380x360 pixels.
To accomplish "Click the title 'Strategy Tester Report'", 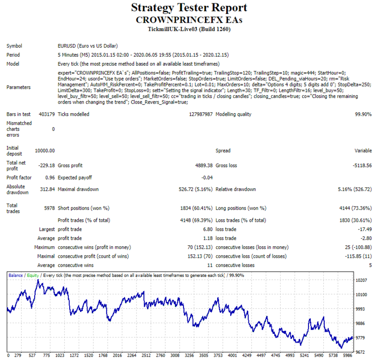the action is pos(189,8).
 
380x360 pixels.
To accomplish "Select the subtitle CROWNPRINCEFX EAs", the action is pos(189,20).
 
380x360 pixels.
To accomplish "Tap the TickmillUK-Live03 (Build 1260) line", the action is pos(189,29).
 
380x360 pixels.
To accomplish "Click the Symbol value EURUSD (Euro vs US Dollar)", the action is pos(88,46).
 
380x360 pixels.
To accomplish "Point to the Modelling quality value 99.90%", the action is pos(363,114).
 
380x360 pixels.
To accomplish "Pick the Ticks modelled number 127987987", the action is pos(201,114).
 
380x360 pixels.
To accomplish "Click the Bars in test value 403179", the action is pos(47,114).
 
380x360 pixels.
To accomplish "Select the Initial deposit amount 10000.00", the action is pos(45,151).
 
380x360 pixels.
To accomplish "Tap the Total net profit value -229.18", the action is pos(47,166).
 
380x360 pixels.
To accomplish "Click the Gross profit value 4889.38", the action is pos(204,166).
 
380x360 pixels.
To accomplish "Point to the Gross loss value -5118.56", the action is pos(362,166).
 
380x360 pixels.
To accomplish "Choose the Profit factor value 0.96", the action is pos(50,178).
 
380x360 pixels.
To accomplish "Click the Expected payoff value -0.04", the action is pos(207,178).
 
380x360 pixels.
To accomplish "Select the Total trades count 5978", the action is pos(49,208).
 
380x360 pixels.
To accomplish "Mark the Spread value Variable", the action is pos(363,151).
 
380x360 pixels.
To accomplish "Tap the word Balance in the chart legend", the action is pos(15,276).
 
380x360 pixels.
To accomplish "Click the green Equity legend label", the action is pos(33,276).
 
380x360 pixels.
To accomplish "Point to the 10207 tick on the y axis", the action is pos(361,280).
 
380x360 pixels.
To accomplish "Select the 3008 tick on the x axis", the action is pos(175,355).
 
